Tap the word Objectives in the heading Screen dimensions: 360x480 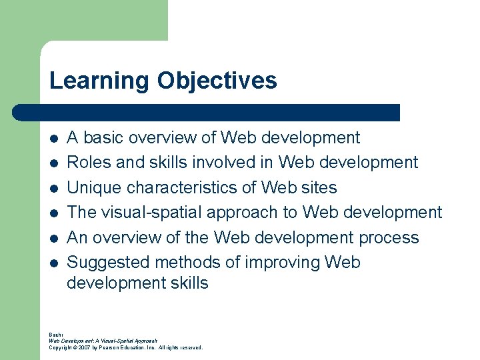[217, 81]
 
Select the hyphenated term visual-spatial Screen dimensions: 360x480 [152, 213]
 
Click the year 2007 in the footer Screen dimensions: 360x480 [85, 347]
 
